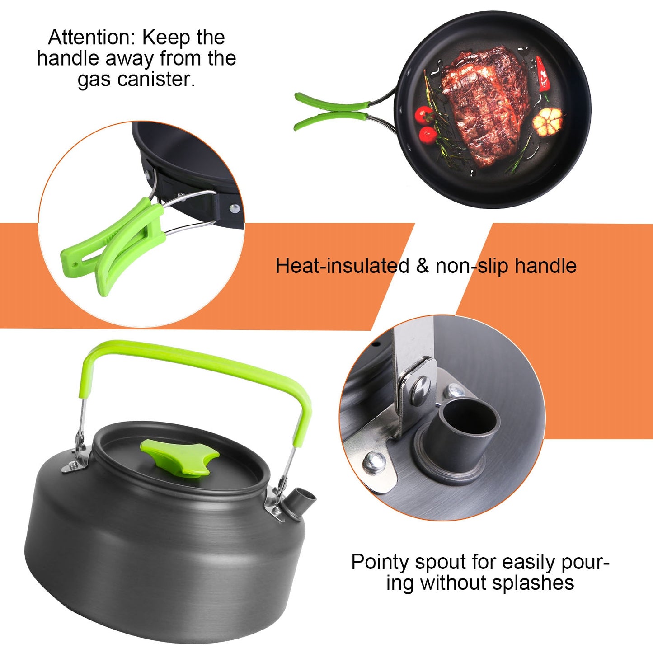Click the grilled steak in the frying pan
point(484,106)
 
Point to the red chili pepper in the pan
point(542,75)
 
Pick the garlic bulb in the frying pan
point(548,121)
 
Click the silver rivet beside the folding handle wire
point(234,208)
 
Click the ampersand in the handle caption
point(422,266)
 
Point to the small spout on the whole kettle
point(302,499)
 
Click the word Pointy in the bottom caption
point(381,563)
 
